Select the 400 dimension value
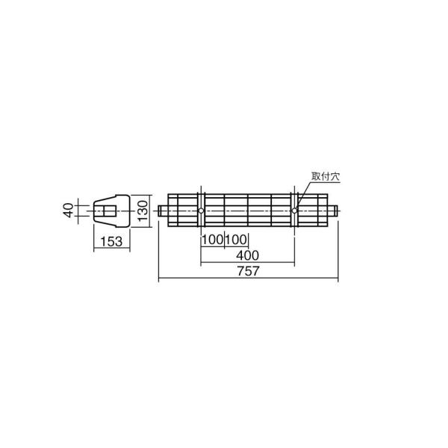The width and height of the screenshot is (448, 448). click(247, 255)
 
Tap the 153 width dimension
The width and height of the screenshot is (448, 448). click(111, 241)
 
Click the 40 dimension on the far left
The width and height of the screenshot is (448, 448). click(69, 211)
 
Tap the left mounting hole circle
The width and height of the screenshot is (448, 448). click(200, 211)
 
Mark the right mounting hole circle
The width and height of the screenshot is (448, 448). click(295, 211)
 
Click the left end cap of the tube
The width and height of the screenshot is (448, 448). click(162, 211)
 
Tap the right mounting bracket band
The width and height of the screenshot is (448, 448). click(295, 224)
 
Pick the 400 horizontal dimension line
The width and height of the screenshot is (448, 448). click(224, 264)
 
